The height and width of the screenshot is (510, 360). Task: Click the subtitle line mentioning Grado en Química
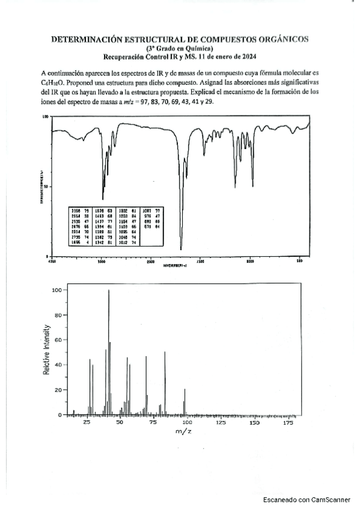(180, 48)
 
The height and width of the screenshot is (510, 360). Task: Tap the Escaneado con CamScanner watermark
(307, 499)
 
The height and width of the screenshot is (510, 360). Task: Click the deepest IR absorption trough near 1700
(181, 248)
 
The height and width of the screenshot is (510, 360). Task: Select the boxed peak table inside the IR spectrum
(117, 226)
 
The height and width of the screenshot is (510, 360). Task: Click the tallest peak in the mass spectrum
(109, 290)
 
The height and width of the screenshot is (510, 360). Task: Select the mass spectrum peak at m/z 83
(165, 352)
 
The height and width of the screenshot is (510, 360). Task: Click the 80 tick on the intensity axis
(58, 315)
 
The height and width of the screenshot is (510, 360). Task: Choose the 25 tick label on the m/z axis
(87, 423)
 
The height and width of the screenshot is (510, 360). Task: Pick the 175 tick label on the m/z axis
(287, 423)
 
